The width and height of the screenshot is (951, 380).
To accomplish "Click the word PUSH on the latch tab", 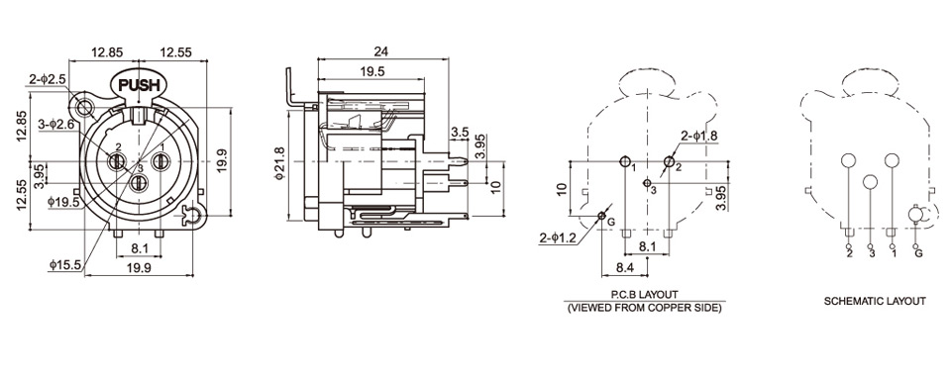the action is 139,85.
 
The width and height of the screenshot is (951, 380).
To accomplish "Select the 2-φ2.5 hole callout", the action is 47,79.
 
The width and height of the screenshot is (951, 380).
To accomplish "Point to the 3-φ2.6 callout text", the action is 55,124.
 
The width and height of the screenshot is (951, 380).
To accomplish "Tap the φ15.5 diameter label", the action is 65,264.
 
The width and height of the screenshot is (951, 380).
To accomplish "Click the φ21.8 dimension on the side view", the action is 279,163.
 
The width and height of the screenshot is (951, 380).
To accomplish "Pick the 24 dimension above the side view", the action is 381,50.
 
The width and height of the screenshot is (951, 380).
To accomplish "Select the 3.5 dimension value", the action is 460,132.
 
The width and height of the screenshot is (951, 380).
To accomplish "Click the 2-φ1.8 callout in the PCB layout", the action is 698,136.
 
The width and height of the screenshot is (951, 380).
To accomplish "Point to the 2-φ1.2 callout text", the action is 558,238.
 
